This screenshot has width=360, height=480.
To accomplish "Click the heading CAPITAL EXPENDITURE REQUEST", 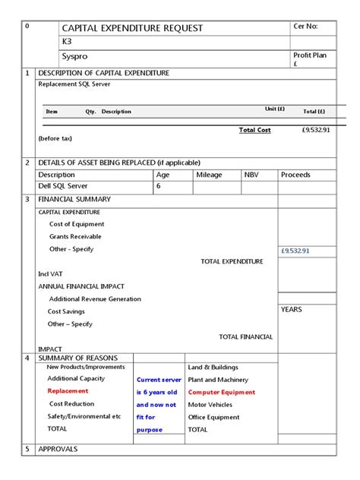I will (x=132, y=28).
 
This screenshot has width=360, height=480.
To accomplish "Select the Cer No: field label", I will (x=305, y=27).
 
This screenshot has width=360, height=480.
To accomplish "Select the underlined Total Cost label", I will (x=254, y=130).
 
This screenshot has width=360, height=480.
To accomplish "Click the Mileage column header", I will (x=209, y=175).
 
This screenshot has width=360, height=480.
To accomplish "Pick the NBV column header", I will (x=251, y=175).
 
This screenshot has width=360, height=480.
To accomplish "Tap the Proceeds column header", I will (x=295, y=175).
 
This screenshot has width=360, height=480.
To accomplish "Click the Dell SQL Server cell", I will (x=62, y=185).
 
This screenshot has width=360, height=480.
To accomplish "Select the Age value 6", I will (x=159, y=185).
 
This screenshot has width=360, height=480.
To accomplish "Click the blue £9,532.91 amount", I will (x=295, y=251).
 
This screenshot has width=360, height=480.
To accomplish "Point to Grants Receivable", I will (x=75, y=236).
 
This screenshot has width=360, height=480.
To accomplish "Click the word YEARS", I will (x=292, y=310).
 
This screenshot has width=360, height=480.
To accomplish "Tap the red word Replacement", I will (x=68, y=391).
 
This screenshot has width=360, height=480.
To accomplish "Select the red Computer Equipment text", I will (x=222, y=393).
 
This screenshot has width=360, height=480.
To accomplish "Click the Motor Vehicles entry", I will (x=210, y=405).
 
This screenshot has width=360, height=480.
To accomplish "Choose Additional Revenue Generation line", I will (x=95, y=299).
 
